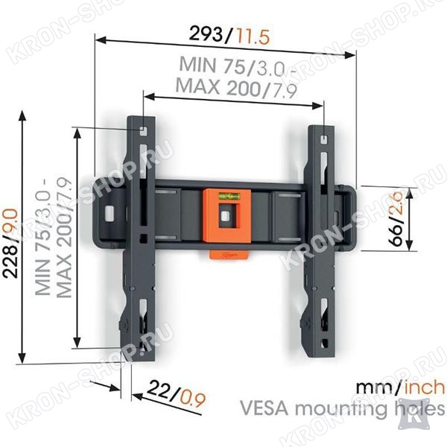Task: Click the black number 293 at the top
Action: coord(206,34)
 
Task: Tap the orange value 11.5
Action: coord(250,37)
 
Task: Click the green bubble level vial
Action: coord(229,196)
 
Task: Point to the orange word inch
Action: coord(425,387)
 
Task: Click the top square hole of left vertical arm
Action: coord(143,131)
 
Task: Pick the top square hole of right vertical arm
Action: coord(325,139)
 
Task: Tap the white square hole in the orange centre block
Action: coord(225,215)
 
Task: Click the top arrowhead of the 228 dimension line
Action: coord(22,115)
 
